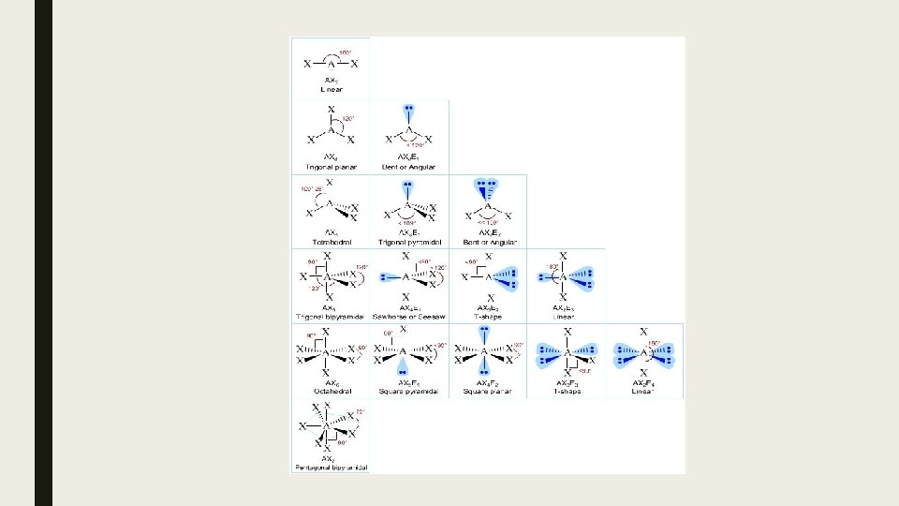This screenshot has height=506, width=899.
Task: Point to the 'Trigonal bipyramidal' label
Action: (x=331, y=317)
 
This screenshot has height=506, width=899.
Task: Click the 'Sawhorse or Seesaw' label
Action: (x=408, y=317)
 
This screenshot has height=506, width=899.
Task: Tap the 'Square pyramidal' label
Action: (x=408, y=392)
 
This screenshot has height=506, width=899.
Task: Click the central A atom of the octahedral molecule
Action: (x=325, y=353)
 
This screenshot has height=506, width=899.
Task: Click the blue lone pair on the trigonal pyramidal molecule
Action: (x=408, y=187)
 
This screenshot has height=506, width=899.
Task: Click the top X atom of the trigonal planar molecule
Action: (x=331, y=110)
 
